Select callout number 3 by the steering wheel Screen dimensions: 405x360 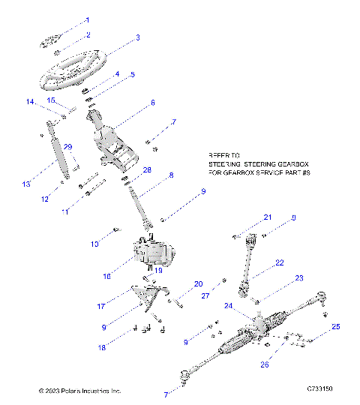coord(137,38)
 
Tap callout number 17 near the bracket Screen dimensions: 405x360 coord(121,306)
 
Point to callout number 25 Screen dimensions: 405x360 coord(336,327)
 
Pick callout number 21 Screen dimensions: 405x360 coord(267,217)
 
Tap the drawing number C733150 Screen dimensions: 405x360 coord(319,390)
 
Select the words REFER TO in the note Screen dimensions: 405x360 coord(222,160)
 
